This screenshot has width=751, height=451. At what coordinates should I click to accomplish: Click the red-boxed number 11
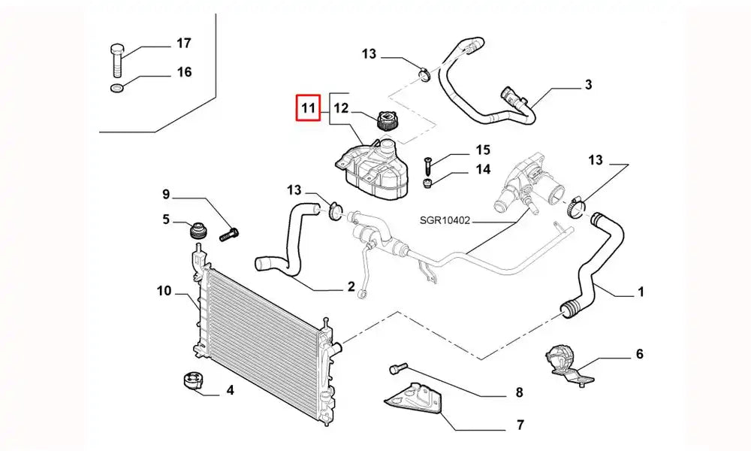(308, 109)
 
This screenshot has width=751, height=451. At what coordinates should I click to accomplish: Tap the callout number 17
(183, 43)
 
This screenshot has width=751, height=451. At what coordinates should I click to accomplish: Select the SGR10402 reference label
(445, 221)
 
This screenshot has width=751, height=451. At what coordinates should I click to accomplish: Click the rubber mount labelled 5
(199, 229)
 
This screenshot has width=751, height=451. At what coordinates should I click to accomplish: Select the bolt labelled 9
(229, 235)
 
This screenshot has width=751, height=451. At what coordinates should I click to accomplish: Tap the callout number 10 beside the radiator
(164, 290)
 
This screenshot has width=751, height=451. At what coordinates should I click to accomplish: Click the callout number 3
(588, 84)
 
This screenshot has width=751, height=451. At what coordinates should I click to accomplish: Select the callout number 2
(351, 286)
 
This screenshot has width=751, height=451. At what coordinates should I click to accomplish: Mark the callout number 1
(641, 292)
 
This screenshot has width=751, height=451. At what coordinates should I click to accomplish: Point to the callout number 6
(639, 354)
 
